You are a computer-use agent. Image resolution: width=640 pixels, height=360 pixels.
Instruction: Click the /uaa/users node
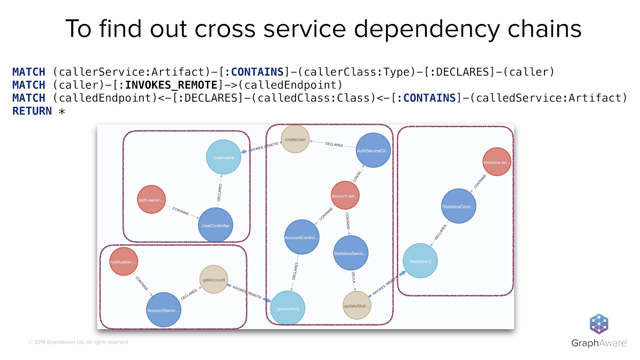(x=223, y=157)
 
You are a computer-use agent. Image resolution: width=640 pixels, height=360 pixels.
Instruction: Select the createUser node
(x=295, y=139)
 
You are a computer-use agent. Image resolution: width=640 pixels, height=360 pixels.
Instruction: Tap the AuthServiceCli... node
(x=373, y=150)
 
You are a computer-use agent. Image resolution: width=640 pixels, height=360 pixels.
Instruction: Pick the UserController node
(x=216, y=225)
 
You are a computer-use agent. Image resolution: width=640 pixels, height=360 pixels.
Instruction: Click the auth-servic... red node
(x=151, y=200)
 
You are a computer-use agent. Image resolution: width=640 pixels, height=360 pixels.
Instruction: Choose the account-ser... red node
(x=345, y=195)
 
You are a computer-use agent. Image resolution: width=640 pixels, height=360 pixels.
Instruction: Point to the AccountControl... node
(x=302, y=237)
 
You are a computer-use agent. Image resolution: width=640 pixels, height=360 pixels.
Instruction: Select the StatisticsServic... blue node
(x=351, y=253)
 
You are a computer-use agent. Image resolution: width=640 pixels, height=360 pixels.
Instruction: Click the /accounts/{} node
(x=288, y=308)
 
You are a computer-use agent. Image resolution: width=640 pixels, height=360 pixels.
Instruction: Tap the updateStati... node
(x=357, y=305)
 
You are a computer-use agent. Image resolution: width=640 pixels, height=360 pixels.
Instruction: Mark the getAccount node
(x=214, y=279)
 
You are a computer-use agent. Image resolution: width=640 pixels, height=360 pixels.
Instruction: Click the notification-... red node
(x=124, y=262)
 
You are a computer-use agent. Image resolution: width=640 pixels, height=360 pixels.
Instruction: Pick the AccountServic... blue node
(x=164, y=310)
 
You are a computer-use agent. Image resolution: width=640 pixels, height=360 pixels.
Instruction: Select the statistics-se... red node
(x=497, y=162)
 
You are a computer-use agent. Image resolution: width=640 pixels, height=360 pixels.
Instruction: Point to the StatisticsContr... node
(x=458, y=206)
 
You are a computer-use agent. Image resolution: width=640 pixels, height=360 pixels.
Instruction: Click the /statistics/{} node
(x=420, y=261)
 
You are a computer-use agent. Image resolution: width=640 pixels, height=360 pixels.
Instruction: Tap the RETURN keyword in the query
(x=32, y=111)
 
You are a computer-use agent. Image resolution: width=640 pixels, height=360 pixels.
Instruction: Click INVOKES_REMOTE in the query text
(x=171, y=85)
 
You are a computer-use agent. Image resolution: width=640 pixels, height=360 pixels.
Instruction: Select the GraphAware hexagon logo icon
(x=599, y=324)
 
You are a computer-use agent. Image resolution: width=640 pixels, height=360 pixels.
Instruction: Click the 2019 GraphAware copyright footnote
(x=79, y=342)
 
